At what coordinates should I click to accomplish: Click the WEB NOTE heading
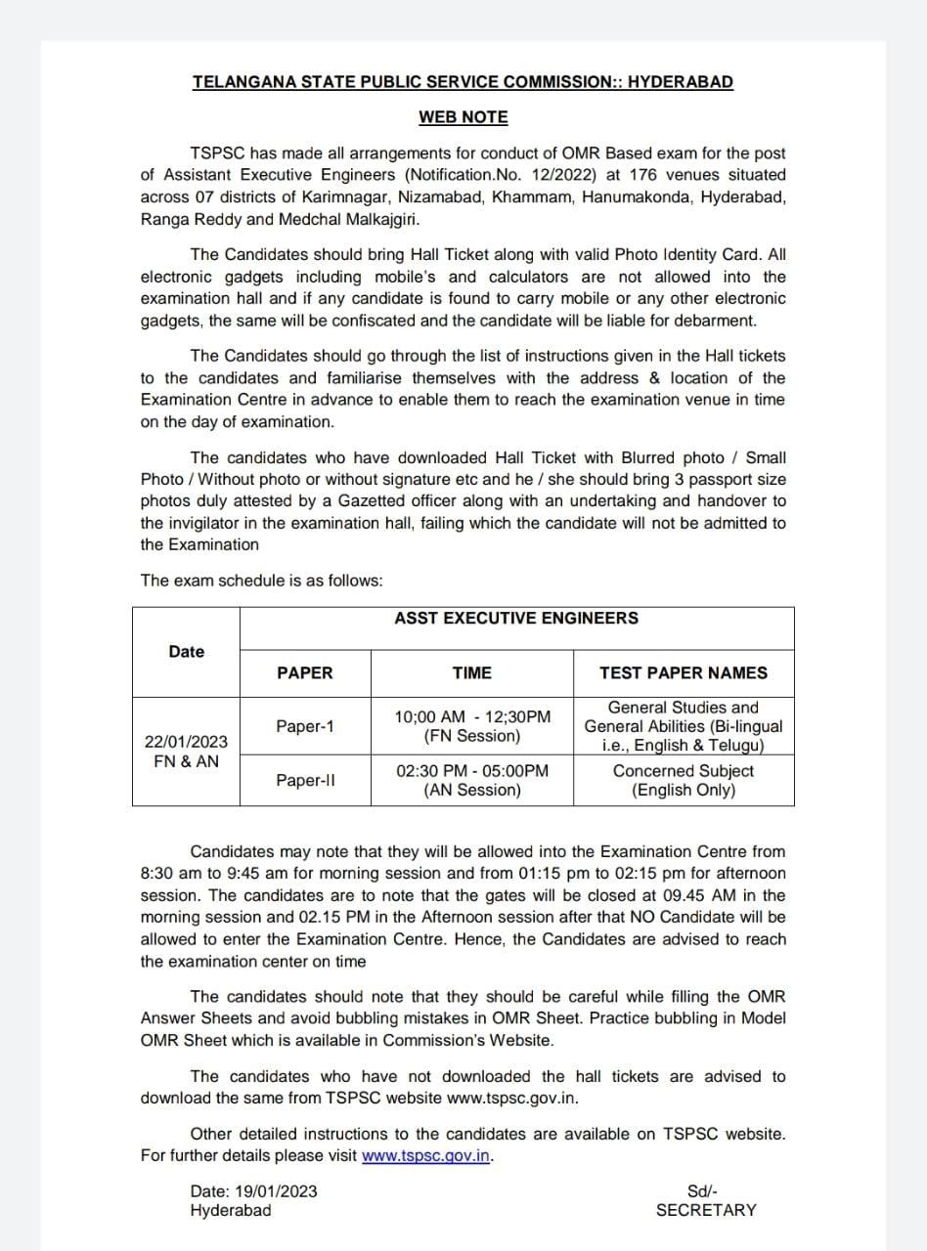463,117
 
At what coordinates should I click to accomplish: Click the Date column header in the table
186,652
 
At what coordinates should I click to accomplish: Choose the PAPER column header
305,672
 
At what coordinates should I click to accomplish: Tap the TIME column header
472,672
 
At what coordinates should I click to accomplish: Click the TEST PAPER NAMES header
684,672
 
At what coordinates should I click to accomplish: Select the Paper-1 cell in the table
305,726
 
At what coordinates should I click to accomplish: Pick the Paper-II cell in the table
305,780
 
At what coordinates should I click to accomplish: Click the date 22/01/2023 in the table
186,742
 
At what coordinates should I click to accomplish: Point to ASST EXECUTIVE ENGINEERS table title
516,618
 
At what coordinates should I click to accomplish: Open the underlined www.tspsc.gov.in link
425,1156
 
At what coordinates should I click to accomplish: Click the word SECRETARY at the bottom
706,1210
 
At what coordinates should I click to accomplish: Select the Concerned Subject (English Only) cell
684,780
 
